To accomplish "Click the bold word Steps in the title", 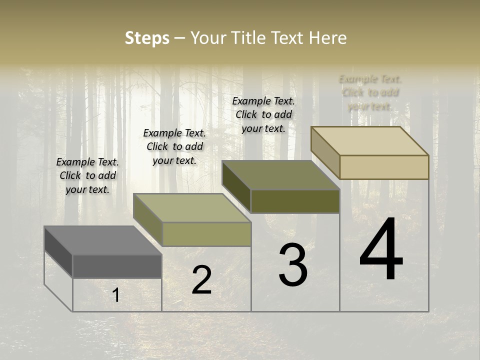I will pyautogui.click(x=147, y=38).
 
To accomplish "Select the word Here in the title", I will pyautogui.click(x=327, y=38).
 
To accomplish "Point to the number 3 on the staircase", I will pyautogui.click(x=293, y=265).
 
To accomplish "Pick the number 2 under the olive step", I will pyautogui.click(x=201, y=280).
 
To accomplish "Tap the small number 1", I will pyautogui.click(x=116, y=295).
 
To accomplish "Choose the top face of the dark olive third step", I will pyautogui.click(x=280, y=174).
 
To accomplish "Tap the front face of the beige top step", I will pyautogui.click(x=384, y=167).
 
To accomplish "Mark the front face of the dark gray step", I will pyautogui.click(x=117, y=266).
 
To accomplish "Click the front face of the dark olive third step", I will pyautogui.click(x=295, y=201).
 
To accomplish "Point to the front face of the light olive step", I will pyautogui.click(x=206, y=234).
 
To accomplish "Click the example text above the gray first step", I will pyautogui.click(x=87, y=175).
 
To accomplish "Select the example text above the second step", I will pyautogui.click(x=174, y=146).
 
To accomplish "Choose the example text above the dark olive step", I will pyautogui.click(x=263, y=114).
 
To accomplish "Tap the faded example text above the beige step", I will pyautogui.click(x=370, y=92).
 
